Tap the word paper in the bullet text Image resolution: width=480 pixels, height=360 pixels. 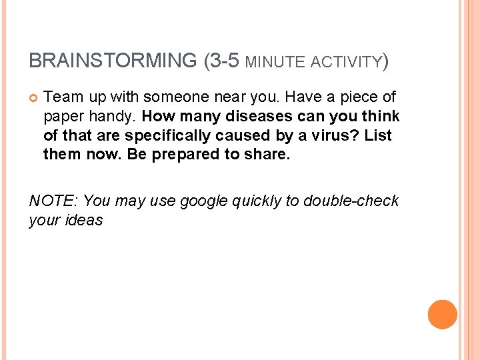click(61, 117)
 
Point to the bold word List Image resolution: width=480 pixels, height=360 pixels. click(378, 135)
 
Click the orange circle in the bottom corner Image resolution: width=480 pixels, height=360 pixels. click(443, 314)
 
